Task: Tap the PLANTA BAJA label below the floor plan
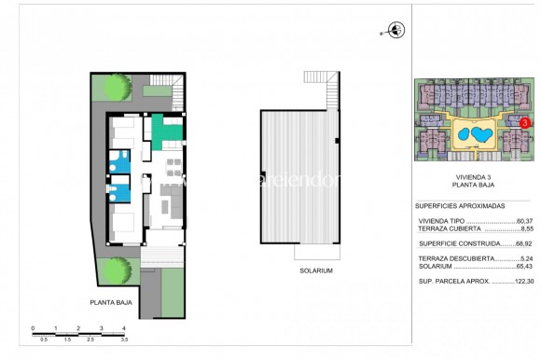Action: point(110,302)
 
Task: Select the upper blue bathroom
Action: point(119,160)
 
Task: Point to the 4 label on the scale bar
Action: point(123,327)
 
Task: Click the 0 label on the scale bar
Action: point(33,327)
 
